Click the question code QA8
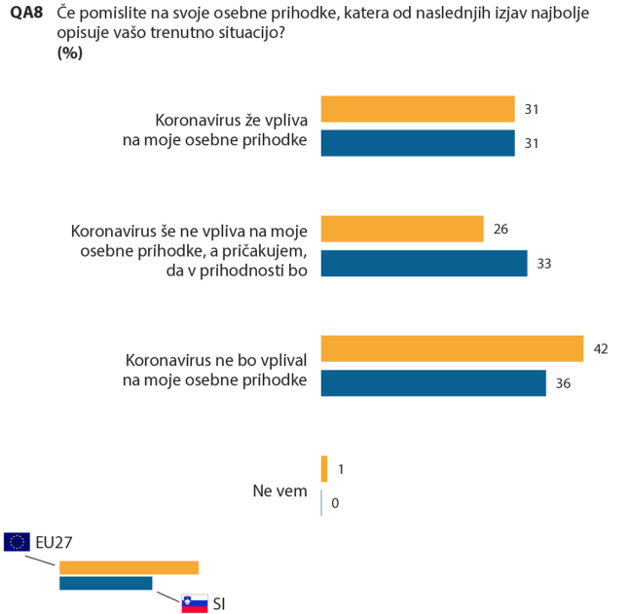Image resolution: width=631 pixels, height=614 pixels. (x=25, y=15)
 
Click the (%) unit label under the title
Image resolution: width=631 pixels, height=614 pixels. (x=69, y=54)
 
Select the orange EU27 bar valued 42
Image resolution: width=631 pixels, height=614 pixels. (x=452, y=347)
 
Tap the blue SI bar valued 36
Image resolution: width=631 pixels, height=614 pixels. (x=433, y=383)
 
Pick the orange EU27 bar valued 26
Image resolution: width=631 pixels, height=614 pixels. (x=402, y=229)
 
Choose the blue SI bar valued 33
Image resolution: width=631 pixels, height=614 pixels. (x=424, y=264)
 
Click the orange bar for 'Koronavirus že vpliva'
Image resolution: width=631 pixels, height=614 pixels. (x=418, y=109)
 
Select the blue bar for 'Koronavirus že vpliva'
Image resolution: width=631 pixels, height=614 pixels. (x=418, y=144)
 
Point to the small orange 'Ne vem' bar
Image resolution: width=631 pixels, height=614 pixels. (x=324, y=468)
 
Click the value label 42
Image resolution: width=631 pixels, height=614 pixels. (x=601, y=348)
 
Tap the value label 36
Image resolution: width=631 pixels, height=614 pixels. (x=563, y=383)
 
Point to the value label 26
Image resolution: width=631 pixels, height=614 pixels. (x=501, y=230)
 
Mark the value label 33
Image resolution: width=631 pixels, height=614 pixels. (x=543, y=265)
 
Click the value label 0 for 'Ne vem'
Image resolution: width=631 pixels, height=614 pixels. (x=334, y=503)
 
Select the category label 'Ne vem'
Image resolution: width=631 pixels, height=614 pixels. (x=279, y=491)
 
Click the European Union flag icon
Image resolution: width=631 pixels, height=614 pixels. (x=17, y=542)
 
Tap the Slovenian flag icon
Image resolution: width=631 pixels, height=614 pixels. (x=195, y=603)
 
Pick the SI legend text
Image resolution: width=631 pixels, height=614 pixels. (x=219, y=603)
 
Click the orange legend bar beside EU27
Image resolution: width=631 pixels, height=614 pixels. (x=129, y=567)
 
